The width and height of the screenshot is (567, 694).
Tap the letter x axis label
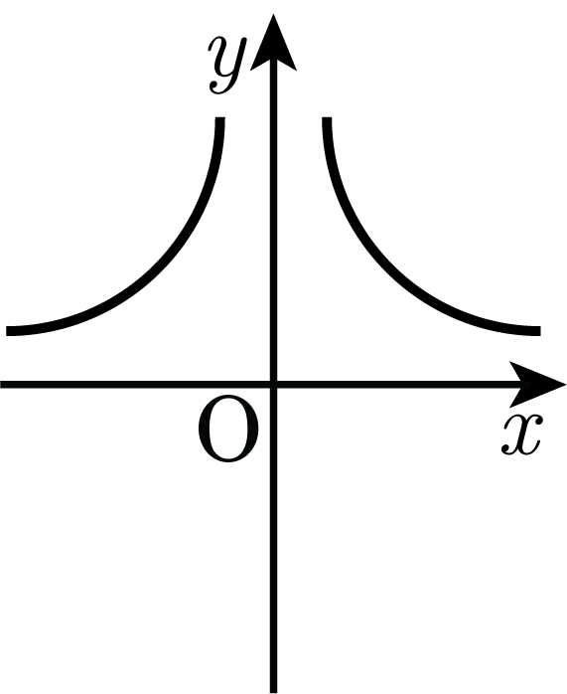click(521, 434)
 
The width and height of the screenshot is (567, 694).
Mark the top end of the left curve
click(220, 118)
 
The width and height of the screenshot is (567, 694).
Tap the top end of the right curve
click(327, 118)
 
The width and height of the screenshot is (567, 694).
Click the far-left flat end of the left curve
click(8, 331)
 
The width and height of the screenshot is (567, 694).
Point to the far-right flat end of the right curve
click(539, 331)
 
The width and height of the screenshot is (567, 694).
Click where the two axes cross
click(273, 384)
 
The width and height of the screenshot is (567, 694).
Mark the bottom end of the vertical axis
click(273, 692)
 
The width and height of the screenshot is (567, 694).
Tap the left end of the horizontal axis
click(1, 384)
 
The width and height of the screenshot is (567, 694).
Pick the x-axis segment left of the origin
click(135, 384)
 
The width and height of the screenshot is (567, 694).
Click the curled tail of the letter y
click(217, 87)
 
